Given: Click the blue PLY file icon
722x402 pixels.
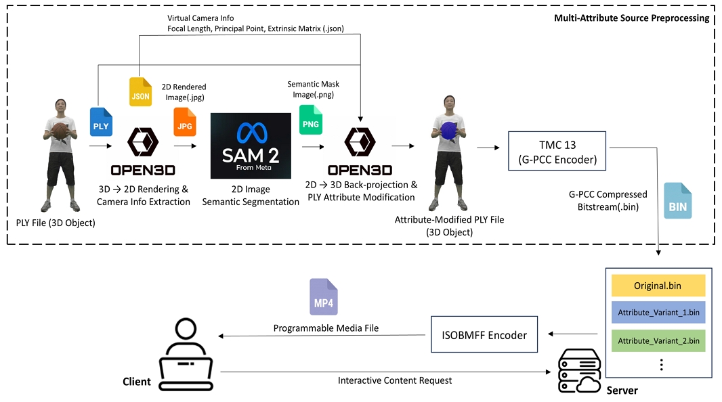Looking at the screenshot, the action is pos(102,122).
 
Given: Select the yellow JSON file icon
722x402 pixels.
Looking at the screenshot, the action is pos(140,92).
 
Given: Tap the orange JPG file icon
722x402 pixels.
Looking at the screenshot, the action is pos(185,122).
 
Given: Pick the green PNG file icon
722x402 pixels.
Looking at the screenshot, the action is pos(311,120).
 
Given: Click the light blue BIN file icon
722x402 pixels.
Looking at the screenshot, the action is pos(678,200).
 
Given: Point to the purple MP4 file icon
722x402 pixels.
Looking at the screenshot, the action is pos(324,296).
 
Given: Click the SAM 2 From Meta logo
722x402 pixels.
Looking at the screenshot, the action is pos(251,146).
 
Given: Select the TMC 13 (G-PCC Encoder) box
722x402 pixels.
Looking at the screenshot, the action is pos(557,151).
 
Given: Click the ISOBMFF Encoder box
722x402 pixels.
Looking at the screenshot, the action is pos(484,334).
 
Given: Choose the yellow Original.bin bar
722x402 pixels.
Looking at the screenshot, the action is pos(658,286).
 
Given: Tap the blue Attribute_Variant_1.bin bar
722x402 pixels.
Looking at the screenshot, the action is pos(658,313).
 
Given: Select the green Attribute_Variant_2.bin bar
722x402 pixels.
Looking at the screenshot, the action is pos(658,341).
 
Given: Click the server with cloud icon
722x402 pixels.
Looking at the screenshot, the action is pos(580,371).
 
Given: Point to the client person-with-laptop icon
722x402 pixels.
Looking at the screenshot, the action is pos(186,355).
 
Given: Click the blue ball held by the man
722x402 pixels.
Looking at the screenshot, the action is pos(448,131).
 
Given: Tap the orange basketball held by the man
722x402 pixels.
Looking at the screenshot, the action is pos(60,131).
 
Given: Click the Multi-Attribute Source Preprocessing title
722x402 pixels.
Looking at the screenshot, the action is pos(632,18).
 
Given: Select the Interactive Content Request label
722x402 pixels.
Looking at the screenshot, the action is pos(395,380).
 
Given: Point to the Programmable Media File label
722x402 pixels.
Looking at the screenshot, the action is pos(326,328).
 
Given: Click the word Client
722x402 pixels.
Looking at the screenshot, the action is pos(137,382).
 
